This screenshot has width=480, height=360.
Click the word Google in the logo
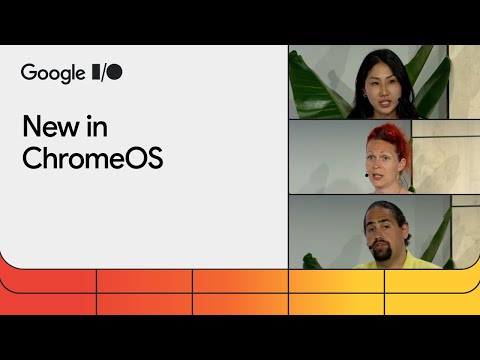54,72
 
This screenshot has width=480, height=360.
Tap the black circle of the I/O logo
115,72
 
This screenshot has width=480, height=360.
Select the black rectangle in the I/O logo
98,72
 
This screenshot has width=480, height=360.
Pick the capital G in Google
29,72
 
